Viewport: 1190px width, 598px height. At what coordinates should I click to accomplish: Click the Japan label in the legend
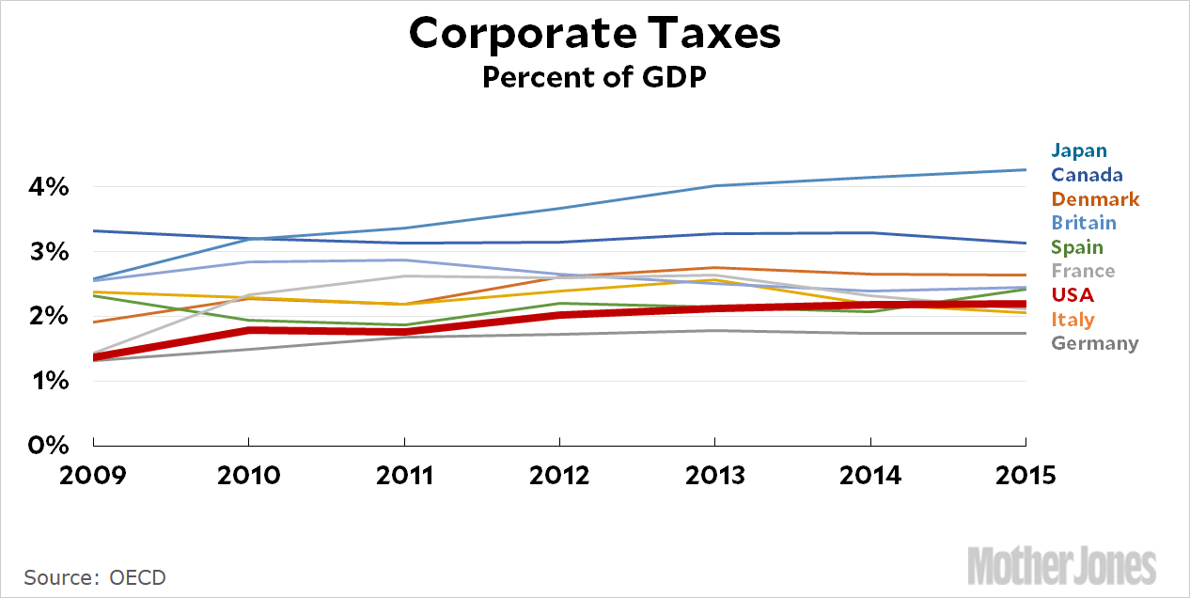click(1079, 150)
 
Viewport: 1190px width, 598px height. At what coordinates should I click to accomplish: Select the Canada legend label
click(1087, 175)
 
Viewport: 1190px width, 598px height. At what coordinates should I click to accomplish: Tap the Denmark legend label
click(1095, 199)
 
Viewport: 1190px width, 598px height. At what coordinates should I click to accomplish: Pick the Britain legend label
click(1084, 223)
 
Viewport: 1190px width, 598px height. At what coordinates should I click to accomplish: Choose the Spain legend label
click(1077, 247)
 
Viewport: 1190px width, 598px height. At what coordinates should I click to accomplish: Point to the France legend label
click(1083, 271)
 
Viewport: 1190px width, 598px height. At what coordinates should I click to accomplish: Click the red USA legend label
click(1073, 295)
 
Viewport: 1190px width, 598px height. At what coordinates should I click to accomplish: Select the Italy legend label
click(1073, 320)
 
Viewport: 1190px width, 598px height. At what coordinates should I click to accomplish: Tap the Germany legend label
click(1095, 343)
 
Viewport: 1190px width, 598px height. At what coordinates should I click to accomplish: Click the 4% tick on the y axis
click(45, 188)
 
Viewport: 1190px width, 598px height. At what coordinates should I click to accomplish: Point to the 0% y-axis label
click(45, 445)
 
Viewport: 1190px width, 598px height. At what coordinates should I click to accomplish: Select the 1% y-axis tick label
click(45, 381)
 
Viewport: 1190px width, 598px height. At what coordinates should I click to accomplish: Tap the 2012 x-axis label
click(559, 475)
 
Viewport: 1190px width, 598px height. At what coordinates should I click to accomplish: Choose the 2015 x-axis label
click(1026, 475)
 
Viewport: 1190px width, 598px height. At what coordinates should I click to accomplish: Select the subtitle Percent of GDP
click(594, 77)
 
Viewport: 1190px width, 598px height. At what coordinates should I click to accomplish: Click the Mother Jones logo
click(1062, 566)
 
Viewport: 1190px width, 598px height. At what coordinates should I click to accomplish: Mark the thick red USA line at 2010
click(248, 330)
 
